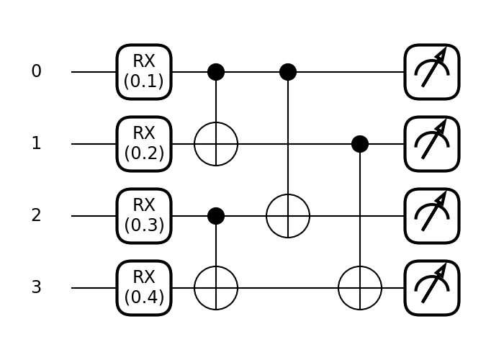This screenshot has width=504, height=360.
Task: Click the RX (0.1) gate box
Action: (x=144, y=72)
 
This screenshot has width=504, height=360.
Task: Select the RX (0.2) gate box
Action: (x=144, y=144)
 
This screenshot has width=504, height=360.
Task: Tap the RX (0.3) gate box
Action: (x=144, y=216)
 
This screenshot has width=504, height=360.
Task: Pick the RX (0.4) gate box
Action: (x=144, y=288)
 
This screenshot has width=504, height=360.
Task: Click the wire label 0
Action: (x=36, y=72)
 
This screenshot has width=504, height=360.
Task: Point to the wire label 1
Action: (x=36, y=144)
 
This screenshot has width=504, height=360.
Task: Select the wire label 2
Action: (x=36, y=216)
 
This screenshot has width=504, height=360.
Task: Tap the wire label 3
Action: (x=36, y=288)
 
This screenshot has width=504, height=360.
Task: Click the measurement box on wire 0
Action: (x=432, y=72)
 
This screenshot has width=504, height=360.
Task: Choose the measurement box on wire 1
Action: (x=432, y=144)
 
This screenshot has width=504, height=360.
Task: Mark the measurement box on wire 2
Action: (x=432, y=216)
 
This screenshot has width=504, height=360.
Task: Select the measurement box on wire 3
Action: (x=432, y=288)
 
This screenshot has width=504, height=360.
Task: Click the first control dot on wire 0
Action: (x=216, y=72)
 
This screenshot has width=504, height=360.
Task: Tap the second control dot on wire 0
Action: (x=288, y=72)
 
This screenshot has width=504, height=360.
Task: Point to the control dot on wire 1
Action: (x=360, y=144)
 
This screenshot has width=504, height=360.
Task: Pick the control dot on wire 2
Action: (x=216, y=216)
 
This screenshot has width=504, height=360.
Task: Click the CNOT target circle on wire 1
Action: (x=216, y=144)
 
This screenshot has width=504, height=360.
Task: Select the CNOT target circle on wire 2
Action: (x=288, y=216)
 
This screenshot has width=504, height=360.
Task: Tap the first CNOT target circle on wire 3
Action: (x=216, y=288)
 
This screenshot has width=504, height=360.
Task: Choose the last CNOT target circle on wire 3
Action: (x=360, y=288)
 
